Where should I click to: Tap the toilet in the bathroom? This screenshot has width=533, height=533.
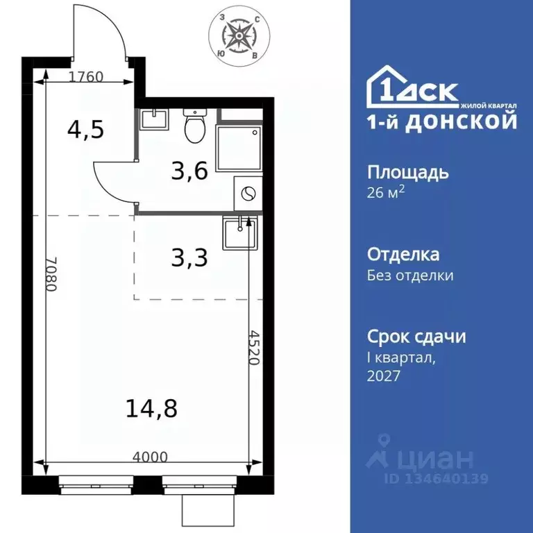(193, 125)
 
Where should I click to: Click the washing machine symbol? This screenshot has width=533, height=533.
(248, 192)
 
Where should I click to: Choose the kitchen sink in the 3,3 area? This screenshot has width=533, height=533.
(239, 232)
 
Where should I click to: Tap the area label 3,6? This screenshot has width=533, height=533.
(189, 170)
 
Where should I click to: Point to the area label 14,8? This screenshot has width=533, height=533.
(151, 409)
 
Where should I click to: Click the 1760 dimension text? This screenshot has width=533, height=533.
(86, 77)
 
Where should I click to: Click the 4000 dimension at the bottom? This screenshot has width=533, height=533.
(151, 457)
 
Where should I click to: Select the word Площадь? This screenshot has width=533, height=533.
(407, 172)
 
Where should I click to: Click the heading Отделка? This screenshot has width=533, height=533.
(403, 255)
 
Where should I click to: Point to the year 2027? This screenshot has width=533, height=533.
(384, 375)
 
